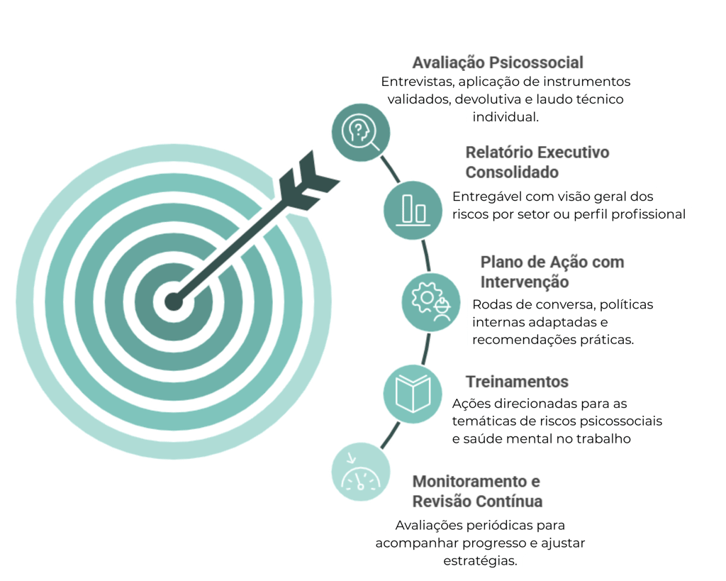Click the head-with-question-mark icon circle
(361, 132)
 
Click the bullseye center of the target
(173, 301)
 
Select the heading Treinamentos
(518, 382)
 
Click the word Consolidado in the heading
(512, 172)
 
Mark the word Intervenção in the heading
(525, 282)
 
